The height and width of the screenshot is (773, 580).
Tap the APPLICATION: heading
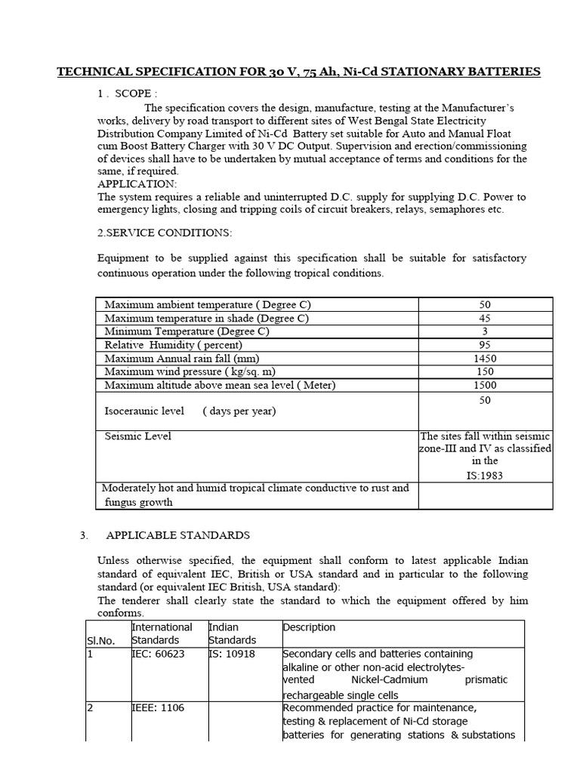pyautogui.click(x=137, y=183)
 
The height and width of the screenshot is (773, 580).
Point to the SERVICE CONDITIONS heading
pyautogui.click(x=165, y=233)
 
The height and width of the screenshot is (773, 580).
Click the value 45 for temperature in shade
pyautogui.click(x=485, y=318)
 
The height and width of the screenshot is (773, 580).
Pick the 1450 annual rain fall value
pyautogui.click(x=485, y=358)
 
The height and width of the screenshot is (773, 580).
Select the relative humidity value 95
pyautogui.click(x=485, y=344)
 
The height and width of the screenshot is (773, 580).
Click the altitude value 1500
pyautogui.click(x=485, y=385)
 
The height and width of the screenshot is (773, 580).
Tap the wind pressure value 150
pyautogui.click(x=485, y=371)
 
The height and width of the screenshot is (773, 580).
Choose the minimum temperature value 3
pyautogui.click(x=485, y=331)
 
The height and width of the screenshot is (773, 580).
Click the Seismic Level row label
pyautogui.click(x=137, y=436)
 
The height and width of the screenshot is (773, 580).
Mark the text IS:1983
pyautogui.click(x=485, y=476)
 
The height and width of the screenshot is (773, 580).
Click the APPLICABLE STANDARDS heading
pyautogui.click(x=177, y=534)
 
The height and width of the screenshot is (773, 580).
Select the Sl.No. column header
pyautogui.click(x=100, y=640)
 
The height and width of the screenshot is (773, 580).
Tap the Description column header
pyautogui.click(x=309, y=627)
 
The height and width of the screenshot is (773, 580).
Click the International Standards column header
pyautogui.click(x=162, y=633)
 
